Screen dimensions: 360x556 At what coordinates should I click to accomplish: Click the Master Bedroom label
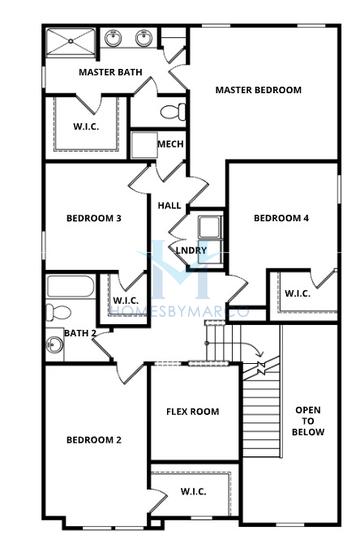tap(259, 90)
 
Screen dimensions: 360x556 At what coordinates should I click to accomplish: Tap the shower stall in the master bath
tap(71, 42)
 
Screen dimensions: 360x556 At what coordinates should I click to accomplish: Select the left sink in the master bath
tap(113, 38)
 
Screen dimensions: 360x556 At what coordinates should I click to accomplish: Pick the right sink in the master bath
tap(144, 38)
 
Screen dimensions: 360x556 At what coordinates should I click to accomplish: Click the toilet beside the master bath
tap(173, 112)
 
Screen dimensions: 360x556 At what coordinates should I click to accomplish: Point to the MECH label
tap(171, 144)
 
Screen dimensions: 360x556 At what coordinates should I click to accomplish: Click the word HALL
tap(169, 205)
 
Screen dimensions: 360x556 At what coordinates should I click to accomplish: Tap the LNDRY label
tap(191, 250)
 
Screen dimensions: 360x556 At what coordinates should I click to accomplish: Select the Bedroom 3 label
tap(94, 218)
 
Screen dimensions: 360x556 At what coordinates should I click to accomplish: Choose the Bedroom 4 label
tap(281, 218)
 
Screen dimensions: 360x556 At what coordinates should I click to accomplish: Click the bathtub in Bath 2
tap(71, 286)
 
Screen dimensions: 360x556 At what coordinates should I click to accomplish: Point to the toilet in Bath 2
tap(59, 312)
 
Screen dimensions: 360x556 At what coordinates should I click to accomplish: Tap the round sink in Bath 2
tap(55, 344)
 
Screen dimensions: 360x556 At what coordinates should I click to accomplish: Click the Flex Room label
tap(193, 411)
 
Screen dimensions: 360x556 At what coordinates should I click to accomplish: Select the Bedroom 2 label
tap(94, 440)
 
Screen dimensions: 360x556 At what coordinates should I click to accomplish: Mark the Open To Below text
tap(308, 421)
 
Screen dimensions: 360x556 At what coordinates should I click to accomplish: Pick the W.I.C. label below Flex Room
tap(193, 491)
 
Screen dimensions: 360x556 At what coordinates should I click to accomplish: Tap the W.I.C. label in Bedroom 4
tap(298, 293)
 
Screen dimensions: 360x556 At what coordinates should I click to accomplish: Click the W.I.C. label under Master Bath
tap(86, 127)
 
